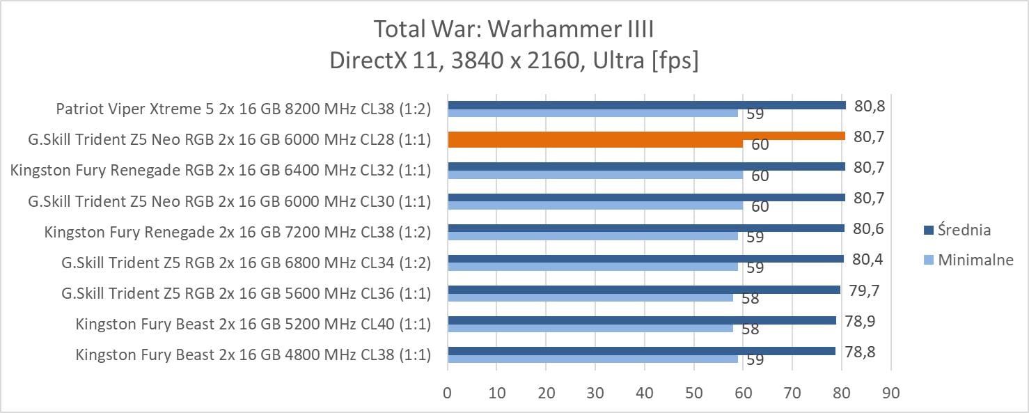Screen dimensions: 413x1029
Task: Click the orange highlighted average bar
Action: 646,136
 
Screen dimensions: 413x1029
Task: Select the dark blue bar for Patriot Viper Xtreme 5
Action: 646,105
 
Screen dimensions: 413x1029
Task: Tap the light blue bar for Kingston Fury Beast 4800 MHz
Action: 592,359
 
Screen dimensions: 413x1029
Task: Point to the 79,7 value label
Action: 864,290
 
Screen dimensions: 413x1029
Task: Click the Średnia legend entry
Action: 964,230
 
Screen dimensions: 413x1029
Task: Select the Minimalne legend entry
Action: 975,260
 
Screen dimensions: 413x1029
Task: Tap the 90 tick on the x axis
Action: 890,393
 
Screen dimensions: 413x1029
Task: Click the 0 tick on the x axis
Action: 448,393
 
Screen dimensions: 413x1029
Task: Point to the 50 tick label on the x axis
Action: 694,393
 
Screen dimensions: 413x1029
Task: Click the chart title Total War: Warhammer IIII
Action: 514,30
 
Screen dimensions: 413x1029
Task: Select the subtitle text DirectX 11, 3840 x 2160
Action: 514,61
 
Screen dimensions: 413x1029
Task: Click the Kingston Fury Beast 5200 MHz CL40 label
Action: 253,324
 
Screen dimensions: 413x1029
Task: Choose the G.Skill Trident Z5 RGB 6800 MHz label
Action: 246,263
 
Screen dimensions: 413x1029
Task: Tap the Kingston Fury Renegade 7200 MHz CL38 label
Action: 237,232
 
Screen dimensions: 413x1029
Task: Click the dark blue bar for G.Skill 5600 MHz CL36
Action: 644,289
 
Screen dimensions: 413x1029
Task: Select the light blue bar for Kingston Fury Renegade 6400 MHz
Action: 595,175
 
